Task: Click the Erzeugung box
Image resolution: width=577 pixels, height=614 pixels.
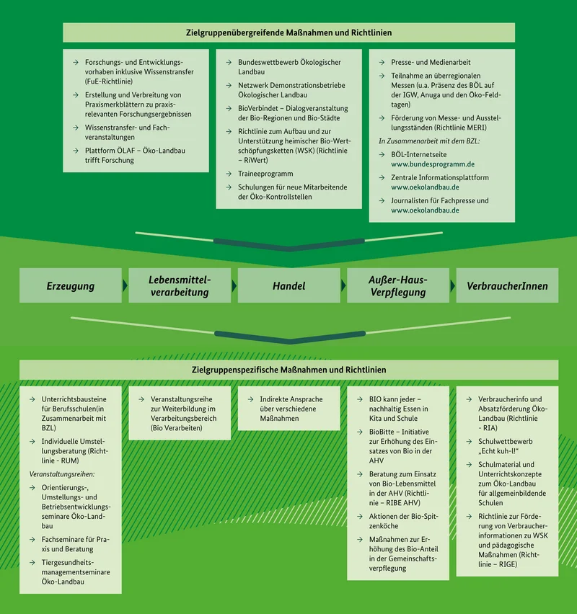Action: [71, 285]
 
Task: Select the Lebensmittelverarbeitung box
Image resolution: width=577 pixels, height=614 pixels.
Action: [180, 285]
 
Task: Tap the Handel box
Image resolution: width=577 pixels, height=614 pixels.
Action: [289, 285]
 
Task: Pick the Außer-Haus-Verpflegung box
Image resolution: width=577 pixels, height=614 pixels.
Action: [398, 285]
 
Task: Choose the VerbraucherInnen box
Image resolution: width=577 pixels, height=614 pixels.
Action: [507, 285]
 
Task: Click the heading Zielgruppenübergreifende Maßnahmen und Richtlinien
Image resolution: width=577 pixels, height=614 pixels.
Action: [289, 32]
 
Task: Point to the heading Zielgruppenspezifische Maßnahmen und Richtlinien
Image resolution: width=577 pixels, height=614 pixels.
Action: [289, 370]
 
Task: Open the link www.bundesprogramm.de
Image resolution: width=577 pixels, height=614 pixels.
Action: [433, 164]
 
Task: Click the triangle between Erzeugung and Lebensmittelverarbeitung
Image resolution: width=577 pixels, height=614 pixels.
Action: [125, 285]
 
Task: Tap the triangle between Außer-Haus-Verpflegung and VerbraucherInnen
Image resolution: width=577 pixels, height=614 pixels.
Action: [453, 285]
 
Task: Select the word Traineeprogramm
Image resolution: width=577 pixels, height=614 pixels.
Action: [265, 174]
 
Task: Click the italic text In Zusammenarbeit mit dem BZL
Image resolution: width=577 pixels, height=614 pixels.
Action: [429, 141]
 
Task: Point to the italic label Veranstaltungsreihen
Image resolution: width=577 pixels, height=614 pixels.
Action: [62, 474]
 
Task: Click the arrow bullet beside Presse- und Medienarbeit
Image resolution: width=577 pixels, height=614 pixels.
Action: [382, 62]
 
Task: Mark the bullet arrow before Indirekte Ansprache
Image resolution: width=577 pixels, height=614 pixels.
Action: [250, 399]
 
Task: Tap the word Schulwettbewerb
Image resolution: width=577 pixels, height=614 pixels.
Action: [506, 441]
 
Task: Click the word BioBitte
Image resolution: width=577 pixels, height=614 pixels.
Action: [382, 432]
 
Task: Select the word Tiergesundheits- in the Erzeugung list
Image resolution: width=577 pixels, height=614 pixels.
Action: [68, 563]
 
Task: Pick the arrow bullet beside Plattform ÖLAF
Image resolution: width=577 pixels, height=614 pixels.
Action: [76, 151]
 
